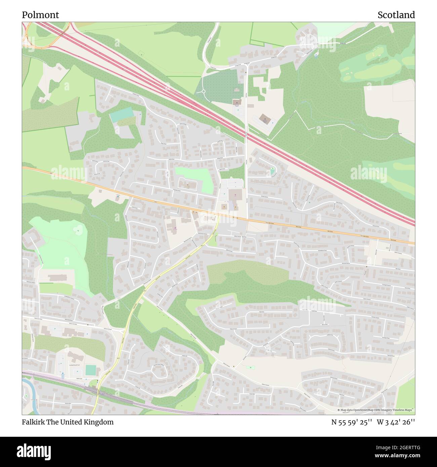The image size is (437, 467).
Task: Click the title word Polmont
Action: (40, 15)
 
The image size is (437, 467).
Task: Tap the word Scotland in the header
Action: (396, 15)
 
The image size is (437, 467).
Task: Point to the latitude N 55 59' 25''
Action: (351, 422)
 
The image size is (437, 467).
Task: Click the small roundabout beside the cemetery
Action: (203, 91)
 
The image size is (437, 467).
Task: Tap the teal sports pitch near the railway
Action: (90, 370)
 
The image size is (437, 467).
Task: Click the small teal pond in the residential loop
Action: (272, 172)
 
